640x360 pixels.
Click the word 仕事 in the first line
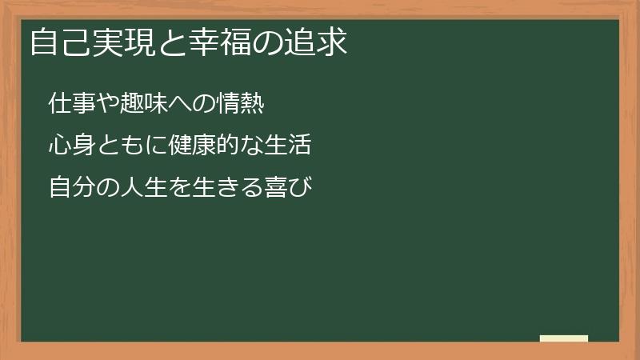click(x=69, y=104)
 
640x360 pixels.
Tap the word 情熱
click(x=241, y=104)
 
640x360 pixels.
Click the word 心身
click(x=69, y=146)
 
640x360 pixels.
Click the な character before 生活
click(x=251, y=146)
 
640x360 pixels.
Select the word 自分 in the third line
click(x=69, y=189)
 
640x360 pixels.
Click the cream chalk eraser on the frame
click(x=564, y=338)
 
